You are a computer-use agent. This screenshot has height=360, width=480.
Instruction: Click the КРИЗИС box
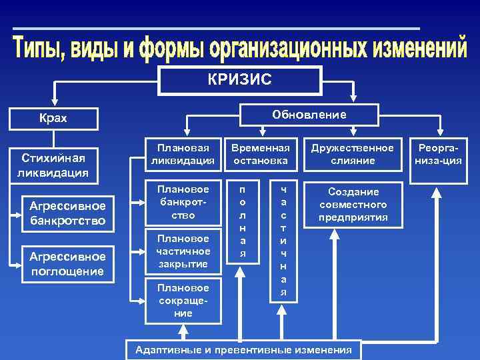pos(239,80)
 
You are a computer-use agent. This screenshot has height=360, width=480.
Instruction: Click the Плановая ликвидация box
pos(183,154)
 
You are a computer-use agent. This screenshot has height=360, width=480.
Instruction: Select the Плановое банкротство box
pos(183,203)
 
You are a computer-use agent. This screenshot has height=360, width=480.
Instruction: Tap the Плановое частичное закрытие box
pos(183,251)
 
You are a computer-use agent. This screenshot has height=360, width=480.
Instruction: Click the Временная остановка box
pos(261,154)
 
